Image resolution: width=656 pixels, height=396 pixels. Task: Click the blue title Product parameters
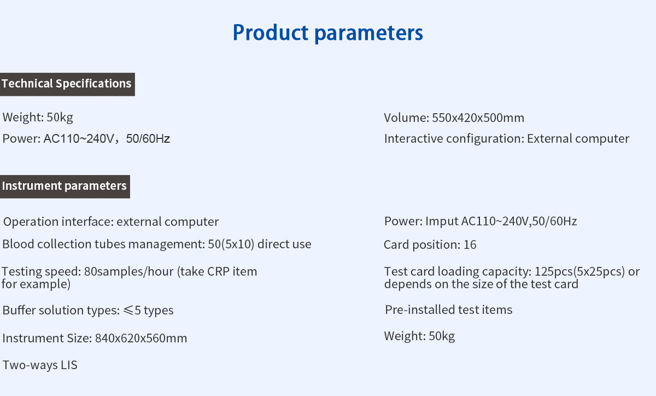(x=327, y=32)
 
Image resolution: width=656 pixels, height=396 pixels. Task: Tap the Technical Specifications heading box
(x=67, y=84)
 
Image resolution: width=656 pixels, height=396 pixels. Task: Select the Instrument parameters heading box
(x=65, y=187)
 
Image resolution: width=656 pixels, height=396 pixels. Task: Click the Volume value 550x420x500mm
(x=478, y=118)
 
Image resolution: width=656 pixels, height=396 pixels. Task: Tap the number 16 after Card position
(x=470, y=244)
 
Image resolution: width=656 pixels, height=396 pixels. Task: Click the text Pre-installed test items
(x=449, y=310)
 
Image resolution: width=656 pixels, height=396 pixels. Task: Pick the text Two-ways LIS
(x=40, y=365)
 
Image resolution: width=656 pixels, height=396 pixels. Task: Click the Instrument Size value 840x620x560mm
(x=141, y=338)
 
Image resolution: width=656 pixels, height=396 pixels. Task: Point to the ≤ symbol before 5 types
(x=128, y=310)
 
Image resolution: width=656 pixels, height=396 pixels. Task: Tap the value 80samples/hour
(x=129, y=272)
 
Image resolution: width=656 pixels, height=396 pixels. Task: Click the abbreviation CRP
(x=218, y=272)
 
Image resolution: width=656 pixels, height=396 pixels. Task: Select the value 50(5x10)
(x=231, y=244)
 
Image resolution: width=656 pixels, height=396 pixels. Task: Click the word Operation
(x=31, y=222)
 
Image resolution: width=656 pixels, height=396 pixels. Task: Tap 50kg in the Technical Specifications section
(x=60, y=118)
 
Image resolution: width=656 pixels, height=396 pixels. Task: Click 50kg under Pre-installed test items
(x=442, y=336)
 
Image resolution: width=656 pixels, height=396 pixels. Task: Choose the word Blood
(x=18, y=244)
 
